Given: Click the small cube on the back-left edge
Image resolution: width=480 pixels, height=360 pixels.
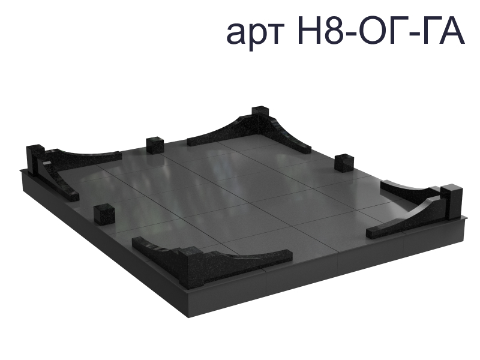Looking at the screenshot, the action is pos(155,146).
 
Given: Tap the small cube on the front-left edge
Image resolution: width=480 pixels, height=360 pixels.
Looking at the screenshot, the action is pos(104,214).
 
